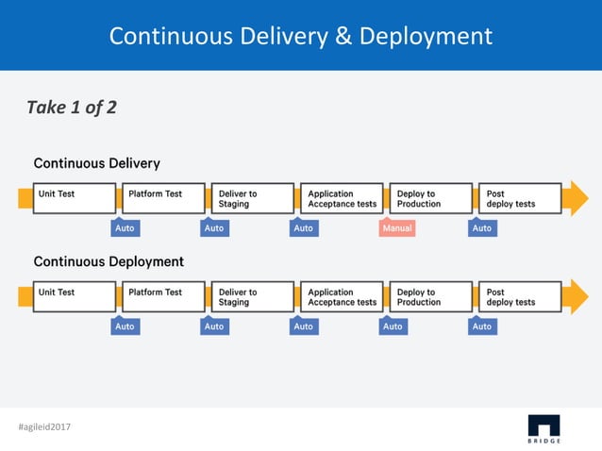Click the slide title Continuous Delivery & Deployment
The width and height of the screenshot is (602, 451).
pos(300,36)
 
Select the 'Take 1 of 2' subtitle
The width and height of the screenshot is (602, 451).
pos(72,108)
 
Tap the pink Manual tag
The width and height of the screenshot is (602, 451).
pos(397,228)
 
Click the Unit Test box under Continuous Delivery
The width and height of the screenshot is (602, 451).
pos(74,198)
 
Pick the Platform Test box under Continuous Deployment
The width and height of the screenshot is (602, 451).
pos(163,296)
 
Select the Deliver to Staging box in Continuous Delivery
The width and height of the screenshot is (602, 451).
pos(251,198)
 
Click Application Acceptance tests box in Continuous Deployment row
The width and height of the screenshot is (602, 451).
pos(342,296)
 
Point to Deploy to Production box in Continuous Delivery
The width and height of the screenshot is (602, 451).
pos(430,198)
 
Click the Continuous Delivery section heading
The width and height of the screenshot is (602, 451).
pos(97,163)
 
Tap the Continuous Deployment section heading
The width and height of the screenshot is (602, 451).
pos(109,261)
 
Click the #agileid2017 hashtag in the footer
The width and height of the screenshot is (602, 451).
pos(44,427)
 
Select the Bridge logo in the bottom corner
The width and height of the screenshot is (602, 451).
pos(543,427)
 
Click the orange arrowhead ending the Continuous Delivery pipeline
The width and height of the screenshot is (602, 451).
pos(575,198)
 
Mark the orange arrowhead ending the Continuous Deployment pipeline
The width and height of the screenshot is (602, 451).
pos(575,296)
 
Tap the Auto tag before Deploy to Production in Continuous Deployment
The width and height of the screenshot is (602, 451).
pos(393,326)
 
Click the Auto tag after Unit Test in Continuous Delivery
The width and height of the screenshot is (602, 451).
pos(125,228)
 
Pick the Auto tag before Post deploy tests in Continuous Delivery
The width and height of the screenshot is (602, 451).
pos(482,228)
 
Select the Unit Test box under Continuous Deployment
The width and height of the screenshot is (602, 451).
pos(74,296)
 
